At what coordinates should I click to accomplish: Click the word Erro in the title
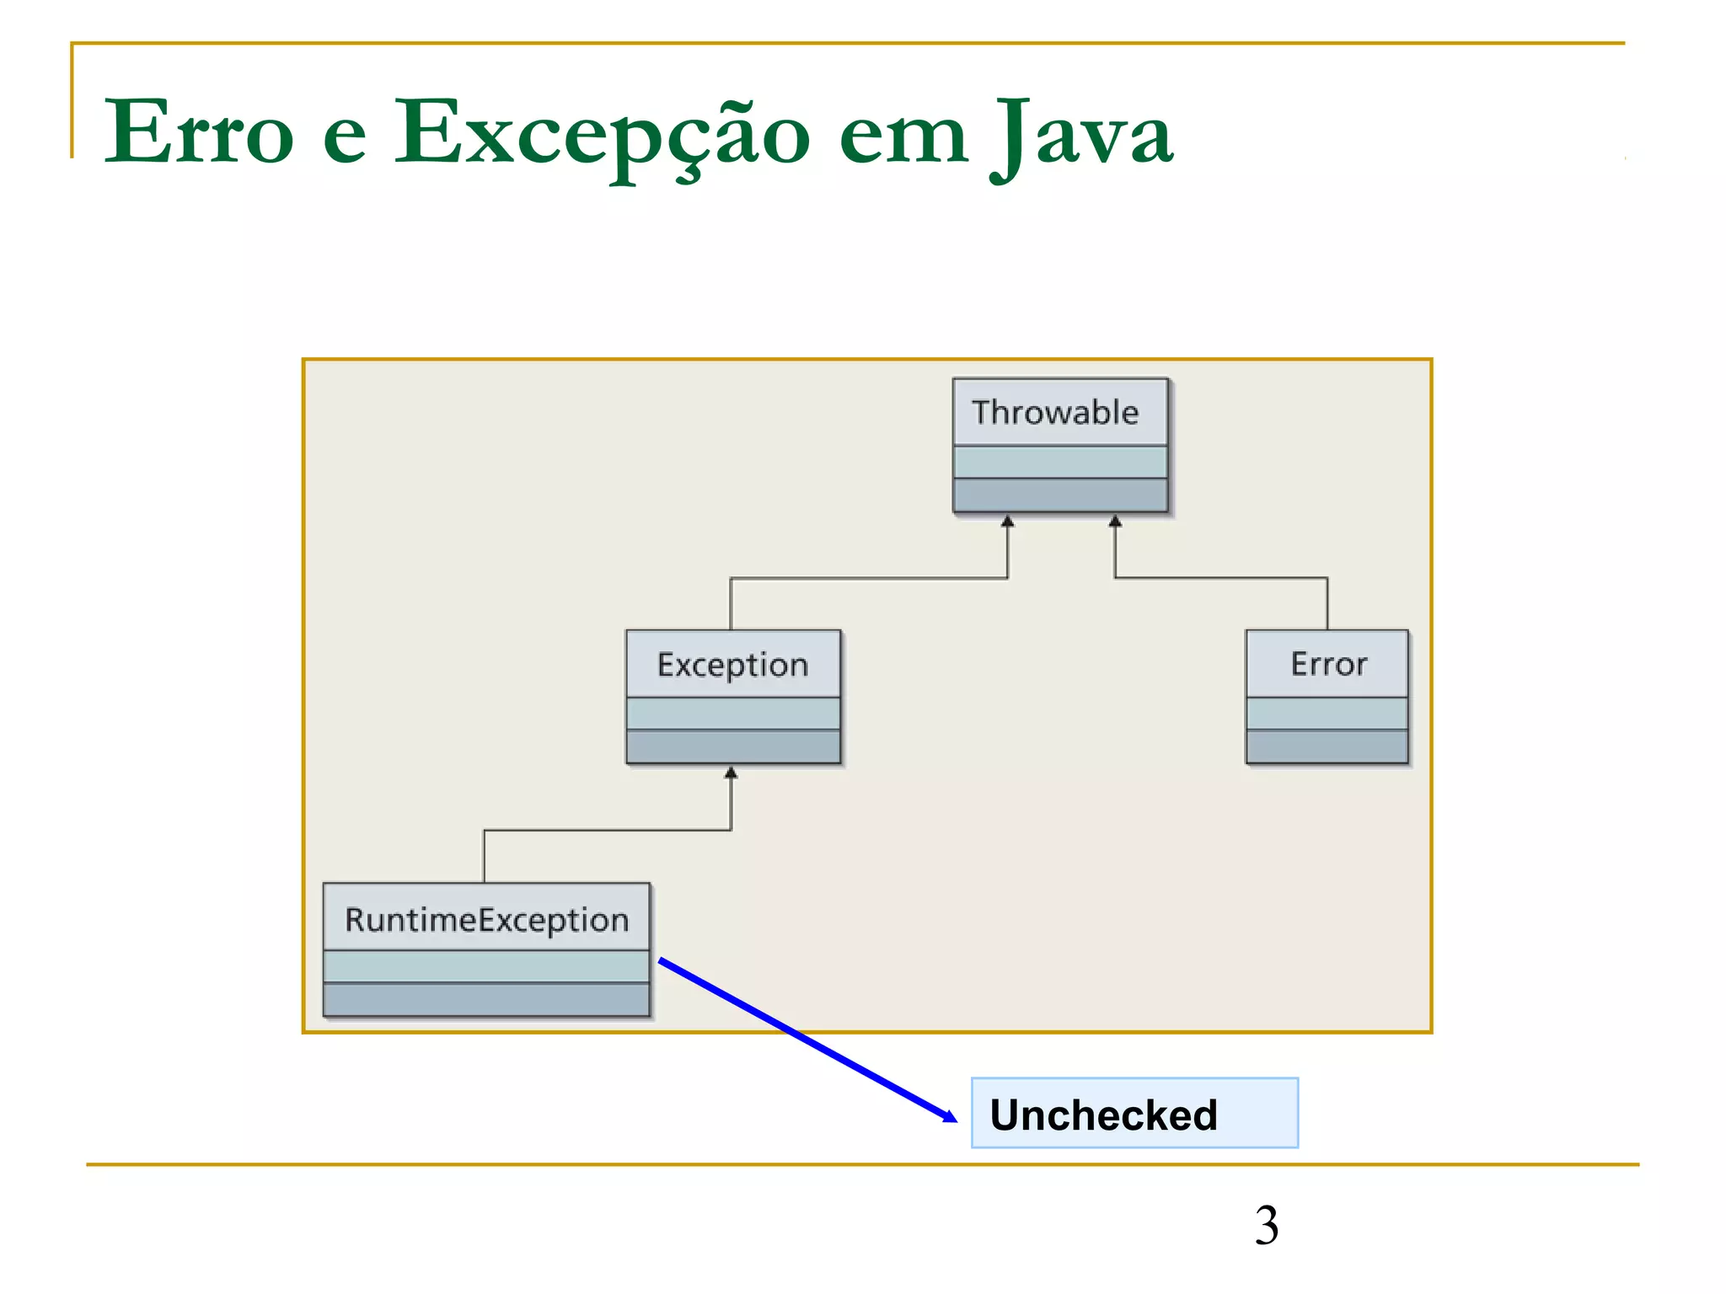pos(199,133)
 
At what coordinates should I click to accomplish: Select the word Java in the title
pos(1080,133)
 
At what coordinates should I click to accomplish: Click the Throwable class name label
pos(1055,413)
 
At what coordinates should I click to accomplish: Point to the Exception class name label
pos(732,665)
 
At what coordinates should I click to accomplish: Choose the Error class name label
pos(1328,664)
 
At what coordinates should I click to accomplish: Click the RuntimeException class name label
pos(486,919)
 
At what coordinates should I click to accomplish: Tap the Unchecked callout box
pos(1134,1113)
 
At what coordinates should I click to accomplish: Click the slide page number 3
pos(1266,1225)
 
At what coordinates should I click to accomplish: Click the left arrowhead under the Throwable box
pos(1007,521)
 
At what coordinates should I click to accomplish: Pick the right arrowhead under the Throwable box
pos(1115,521)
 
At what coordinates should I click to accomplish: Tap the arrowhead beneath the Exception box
pos(731,773)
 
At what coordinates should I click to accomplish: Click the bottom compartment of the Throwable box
pos(1059,495)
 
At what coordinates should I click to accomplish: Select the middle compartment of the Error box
pos(1327,714)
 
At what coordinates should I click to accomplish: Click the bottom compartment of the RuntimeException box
pos(486,999)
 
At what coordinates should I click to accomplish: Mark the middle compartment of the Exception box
pos(732,714)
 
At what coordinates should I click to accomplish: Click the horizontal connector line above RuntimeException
pos(607,831)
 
